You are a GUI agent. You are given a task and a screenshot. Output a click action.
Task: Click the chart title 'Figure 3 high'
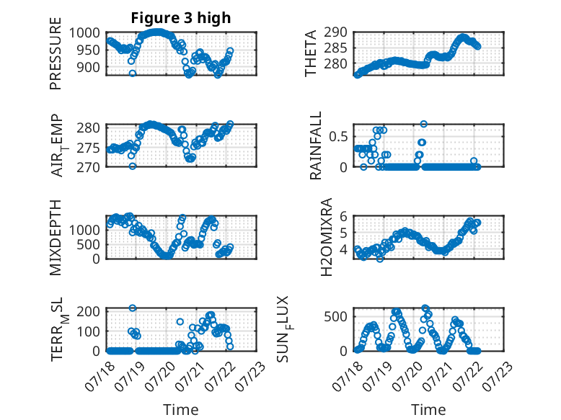coord(181,18)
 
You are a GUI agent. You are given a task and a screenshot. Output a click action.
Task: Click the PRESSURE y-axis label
coord(56,53)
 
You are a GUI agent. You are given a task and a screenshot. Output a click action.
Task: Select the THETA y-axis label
coord(311,53)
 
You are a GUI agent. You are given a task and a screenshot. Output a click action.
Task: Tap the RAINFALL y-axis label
coord(316,146)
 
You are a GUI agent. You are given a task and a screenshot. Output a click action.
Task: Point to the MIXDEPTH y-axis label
coord(56,238)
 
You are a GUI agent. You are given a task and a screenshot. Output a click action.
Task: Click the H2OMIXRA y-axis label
coord(327,237)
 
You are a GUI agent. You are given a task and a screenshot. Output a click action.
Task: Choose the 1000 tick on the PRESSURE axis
coord(84,33)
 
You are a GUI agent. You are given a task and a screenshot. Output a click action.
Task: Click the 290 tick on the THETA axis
coord(336,32)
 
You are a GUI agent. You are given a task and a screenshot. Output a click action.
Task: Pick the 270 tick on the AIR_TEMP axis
coord(89,167)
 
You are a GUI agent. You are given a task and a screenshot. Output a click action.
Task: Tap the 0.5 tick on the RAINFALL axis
coord(338,137)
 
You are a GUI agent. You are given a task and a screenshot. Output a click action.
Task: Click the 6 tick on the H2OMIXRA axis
coord(344,216)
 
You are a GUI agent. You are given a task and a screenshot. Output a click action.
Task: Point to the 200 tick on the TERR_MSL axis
coord(89,311)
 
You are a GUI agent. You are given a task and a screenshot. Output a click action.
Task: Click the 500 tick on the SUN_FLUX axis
coord(336,317)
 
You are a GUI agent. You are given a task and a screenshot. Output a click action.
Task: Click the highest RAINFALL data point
coord(424,124)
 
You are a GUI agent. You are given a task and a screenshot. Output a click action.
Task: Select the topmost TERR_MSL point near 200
coord(133,308)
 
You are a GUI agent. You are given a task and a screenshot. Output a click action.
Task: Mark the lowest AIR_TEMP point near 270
coord(133,166)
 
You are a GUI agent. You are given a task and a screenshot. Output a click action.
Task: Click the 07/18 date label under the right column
coord(348,375)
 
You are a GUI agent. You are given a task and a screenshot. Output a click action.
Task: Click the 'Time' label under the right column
coord(428,410)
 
